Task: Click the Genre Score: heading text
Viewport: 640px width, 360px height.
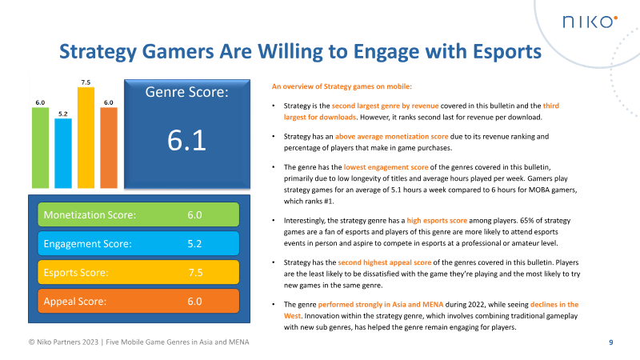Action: pyautogui.click(x=187, y=93)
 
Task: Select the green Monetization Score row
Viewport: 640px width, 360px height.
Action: pyautogui.click(x=138, y=214)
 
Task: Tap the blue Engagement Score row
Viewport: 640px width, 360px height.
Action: pyautogui.click(x=138, y=243)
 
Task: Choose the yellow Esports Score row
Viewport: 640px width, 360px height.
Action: pyautogui.click(x=138, y=273)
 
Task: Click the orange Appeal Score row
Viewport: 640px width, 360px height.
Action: pyautogui.click(x=138, y=302)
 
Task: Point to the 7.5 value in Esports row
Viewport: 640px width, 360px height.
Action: pyautogui.click(x=194, y=273)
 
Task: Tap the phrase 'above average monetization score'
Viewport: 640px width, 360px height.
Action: pyautogui.click(x=384, y=136)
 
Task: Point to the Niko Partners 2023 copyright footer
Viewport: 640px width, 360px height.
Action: pyautogui.click(x=135, y=343)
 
